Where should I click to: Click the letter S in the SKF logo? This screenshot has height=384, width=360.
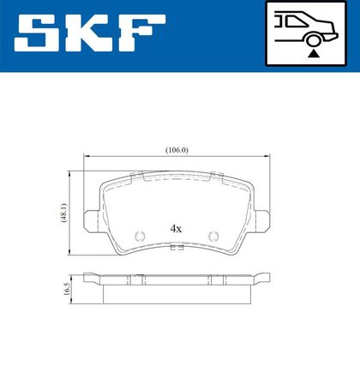click(x=36, y=33)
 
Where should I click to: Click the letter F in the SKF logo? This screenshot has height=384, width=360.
click(x=141, y=33)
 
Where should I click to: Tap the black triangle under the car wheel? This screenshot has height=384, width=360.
click(x=314, y=54)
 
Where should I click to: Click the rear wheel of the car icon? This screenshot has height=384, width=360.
click(x=314, y=40)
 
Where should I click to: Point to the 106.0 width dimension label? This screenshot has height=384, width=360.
click(x=177, y=150)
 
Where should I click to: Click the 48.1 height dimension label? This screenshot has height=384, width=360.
click(x=63, y=213)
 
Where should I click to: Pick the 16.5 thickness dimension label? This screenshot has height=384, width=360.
click(x=66, y=289)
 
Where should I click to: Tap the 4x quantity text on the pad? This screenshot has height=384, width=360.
click(x=176, y=229)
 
